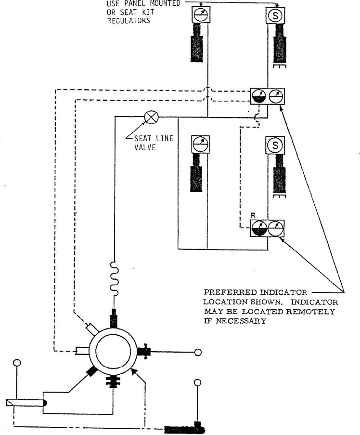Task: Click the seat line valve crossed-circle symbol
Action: [x=151, y=117]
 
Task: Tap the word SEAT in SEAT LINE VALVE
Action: [x=143, y=138]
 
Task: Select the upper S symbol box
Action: [x=275, y=15]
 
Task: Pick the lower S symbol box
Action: [x=275, y=145]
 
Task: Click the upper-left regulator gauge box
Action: [x=201, y=15]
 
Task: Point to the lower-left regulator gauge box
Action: [x=200, y=145]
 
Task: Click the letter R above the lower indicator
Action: [x=253, y=215]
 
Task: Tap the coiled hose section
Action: [x=114, y=278]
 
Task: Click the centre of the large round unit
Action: [x=113, y=351]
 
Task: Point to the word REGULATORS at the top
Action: [x=129, y=21]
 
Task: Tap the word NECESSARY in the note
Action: [x=241, y=321]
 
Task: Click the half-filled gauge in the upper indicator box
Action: [x=259, y=96]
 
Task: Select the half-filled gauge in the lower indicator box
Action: [x=259, y=228]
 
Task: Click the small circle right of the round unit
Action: [x=198, y=352]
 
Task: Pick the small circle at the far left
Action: [x=17, y=363]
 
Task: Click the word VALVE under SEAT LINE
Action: [x=145, y=147]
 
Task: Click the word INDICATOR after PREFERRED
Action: [x=283, y=292]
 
